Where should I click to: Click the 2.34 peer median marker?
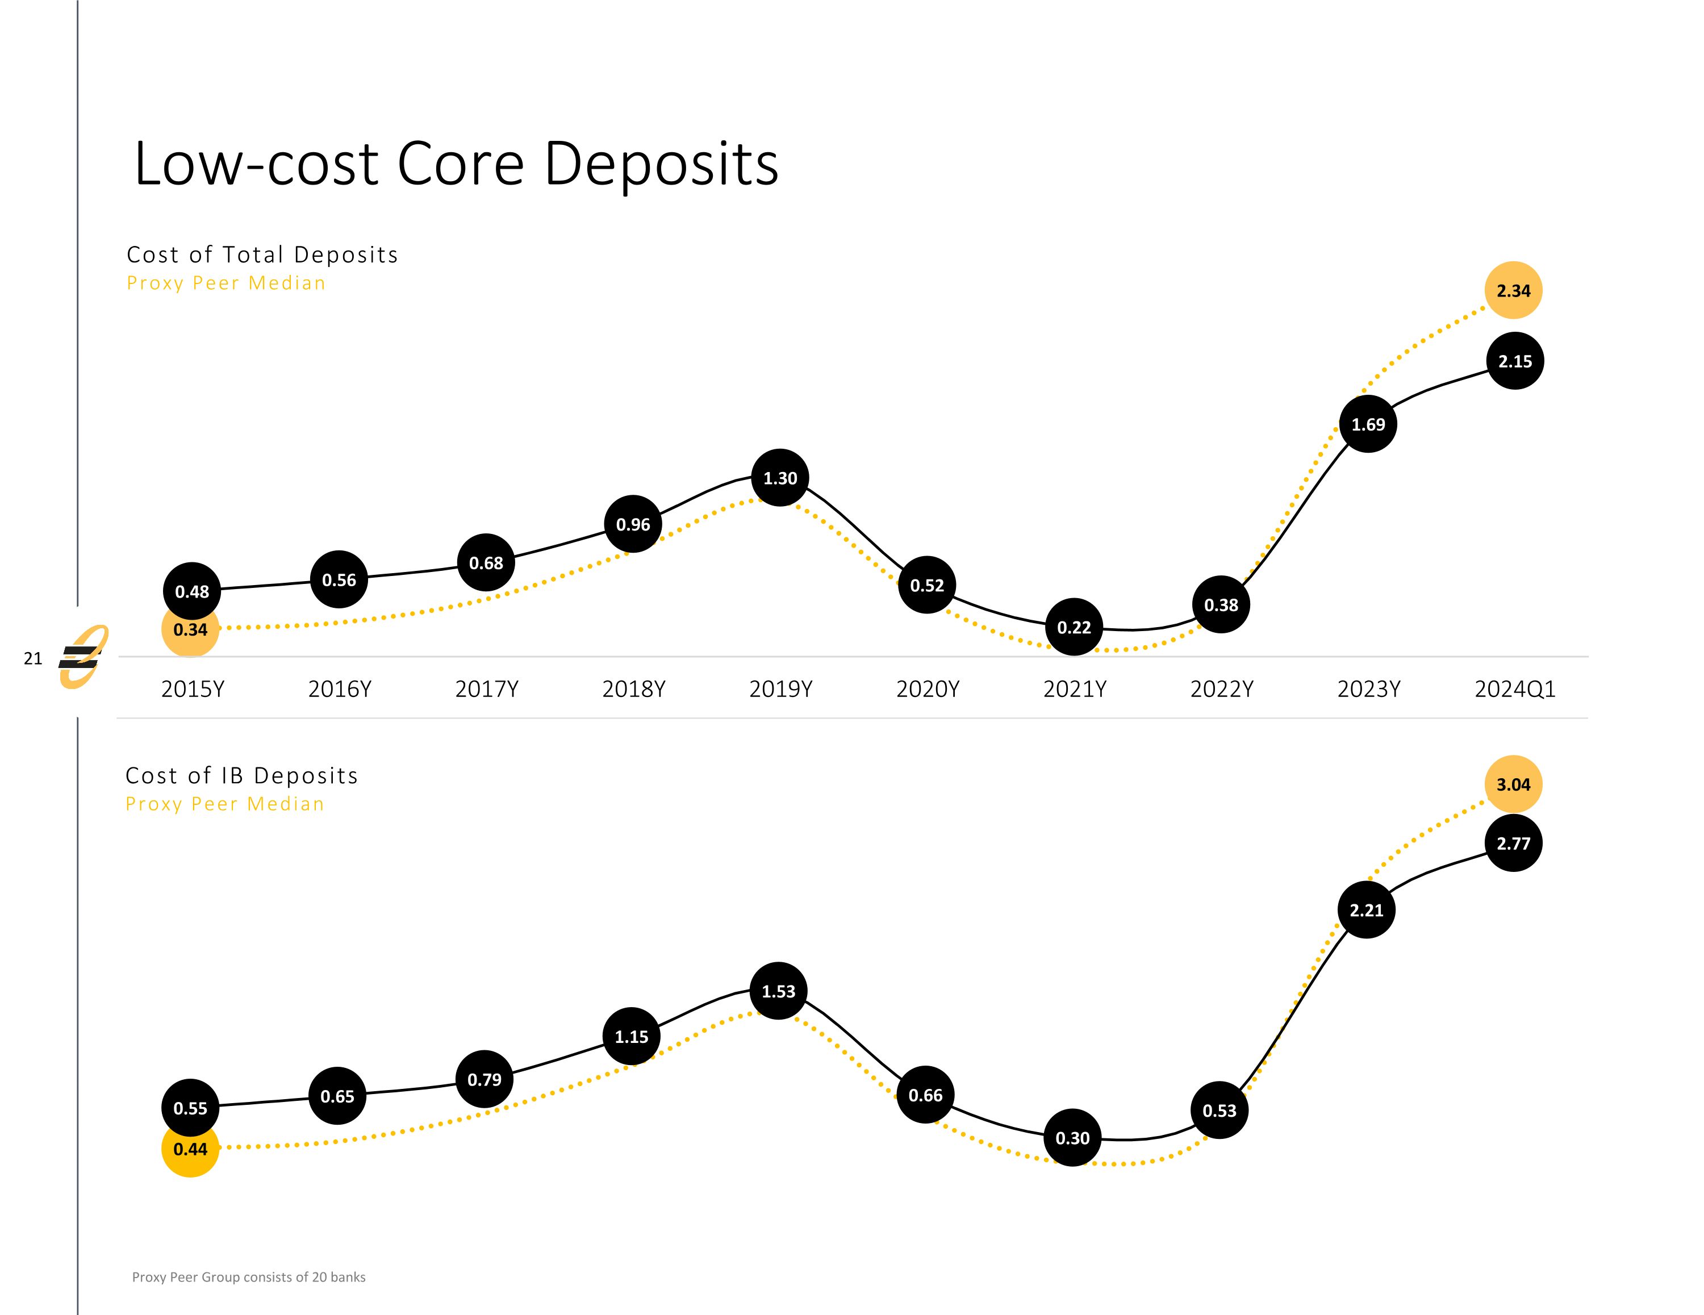click(x=1513, y=290)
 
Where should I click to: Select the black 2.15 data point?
click(x=1514, y=361)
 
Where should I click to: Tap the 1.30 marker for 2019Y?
click(x=779, y=478)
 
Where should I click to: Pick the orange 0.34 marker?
click(x=190, y=629)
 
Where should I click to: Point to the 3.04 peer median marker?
click(x=1513, y=784)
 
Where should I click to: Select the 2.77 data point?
click(x=1513, y=843)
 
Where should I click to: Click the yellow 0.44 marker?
click(x=190, y=1149)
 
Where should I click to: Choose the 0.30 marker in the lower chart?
click(x=1072, y=1138)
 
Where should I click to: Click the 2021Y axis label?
click(x=1074, y=689)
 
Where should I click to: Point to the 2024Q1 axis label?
click(x=1514, y=689)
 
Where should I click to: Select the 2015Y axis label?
click(x=193, y=689)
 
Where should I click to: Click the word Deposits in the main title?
click(x=661, y=165)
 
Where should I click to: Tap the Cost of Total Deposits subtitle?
click(x=262, y=254)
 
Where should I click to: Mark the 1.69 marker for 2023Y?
click(x=1368, y=424)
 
